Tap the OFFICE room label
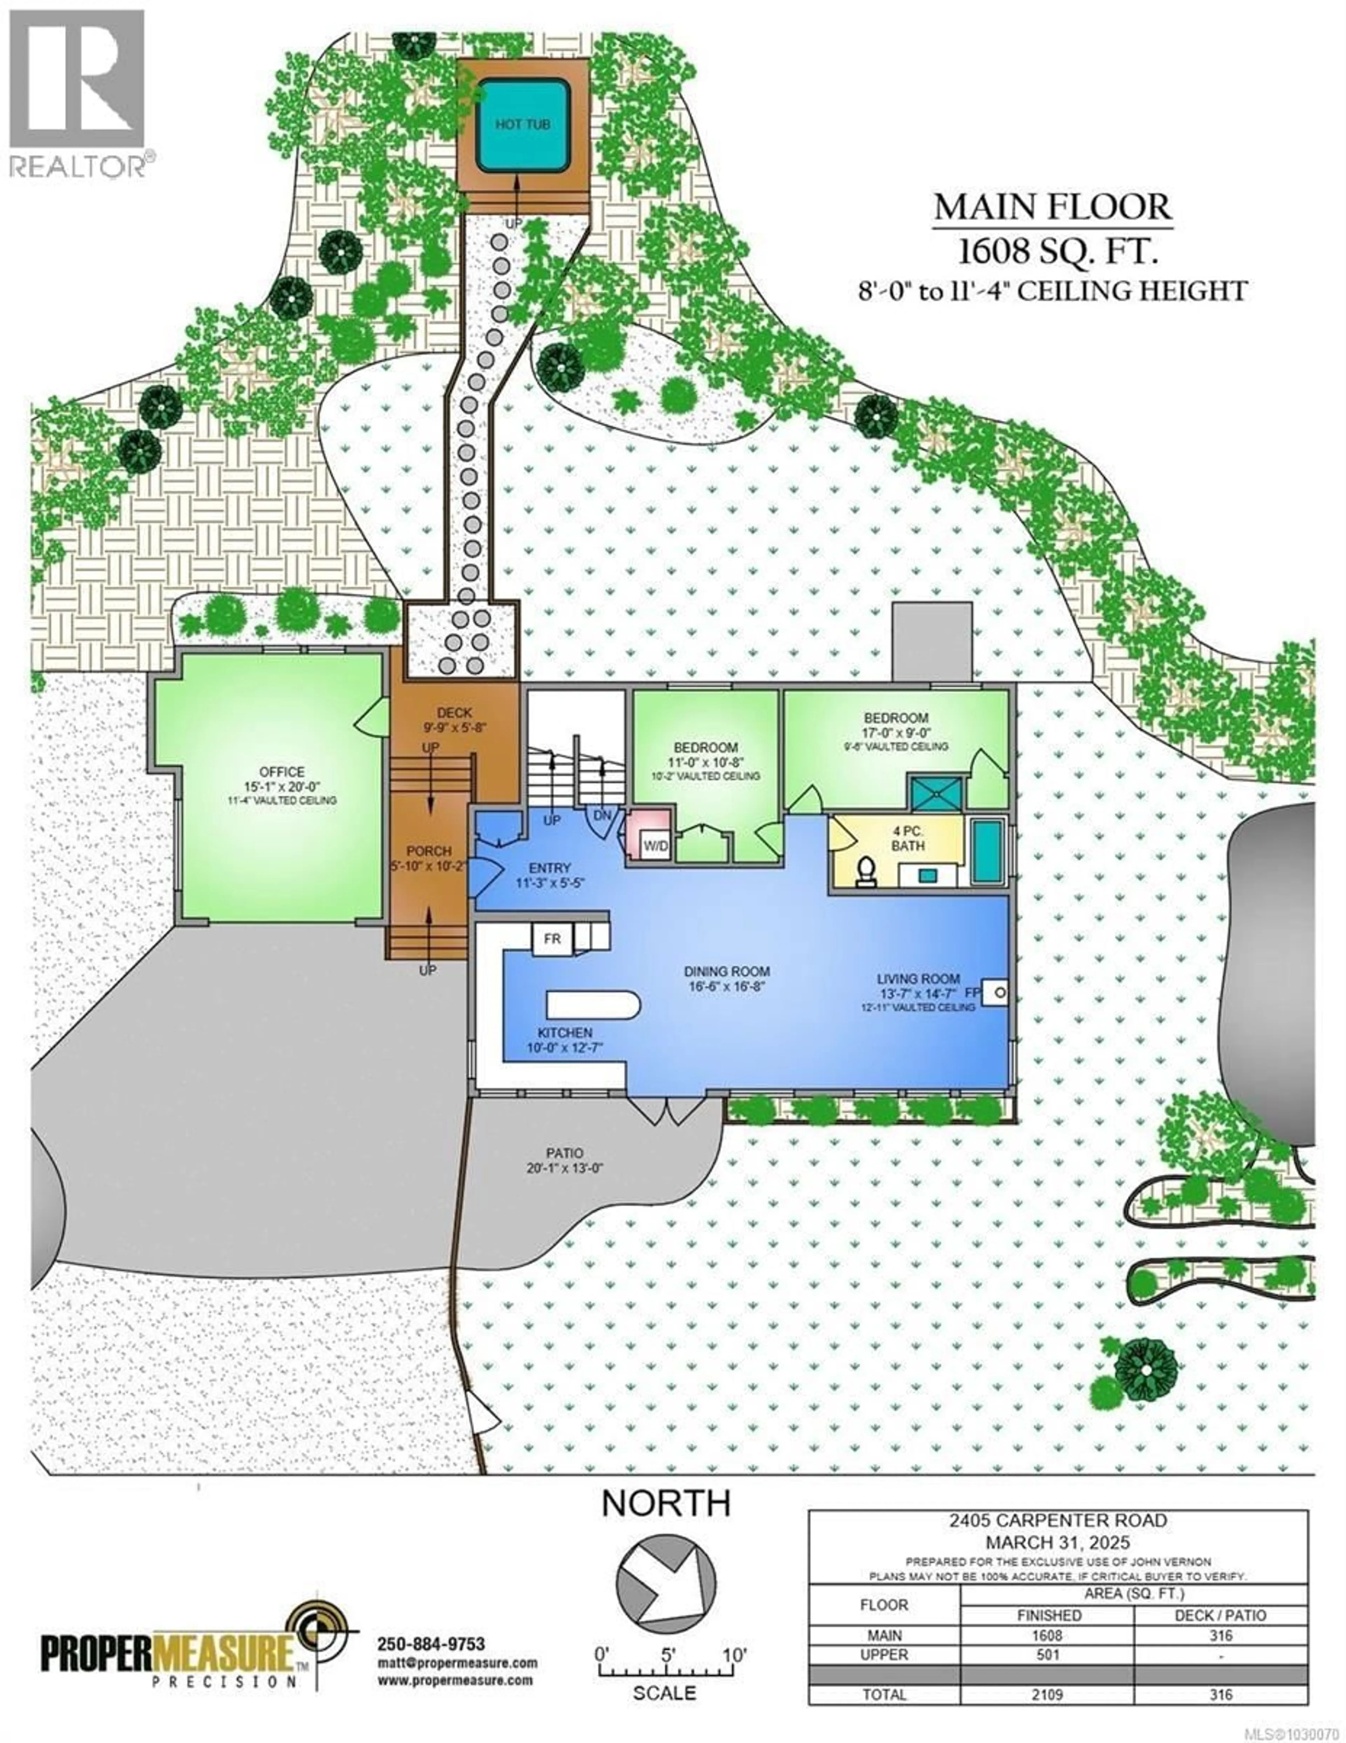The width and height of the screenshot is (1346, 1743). click(x=282, y=772)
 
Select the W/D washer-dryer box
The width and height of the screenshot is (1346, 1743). click(x=656, y=844)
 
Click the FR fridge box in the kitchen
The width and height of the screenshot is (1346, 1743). click(x=552, y=939)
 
